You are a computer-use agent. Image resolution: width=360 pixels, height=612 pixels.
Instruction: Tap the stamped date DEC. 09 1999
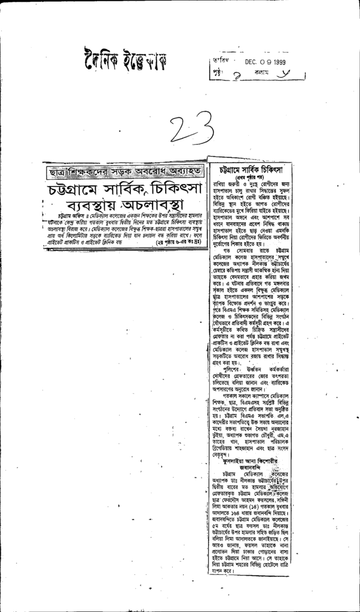[x=265, y=62]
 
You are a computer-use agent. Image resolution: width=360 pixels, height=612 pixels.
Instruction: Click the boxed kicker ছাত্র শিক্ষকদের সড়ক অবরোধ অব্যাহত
[x=124, y=171]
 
